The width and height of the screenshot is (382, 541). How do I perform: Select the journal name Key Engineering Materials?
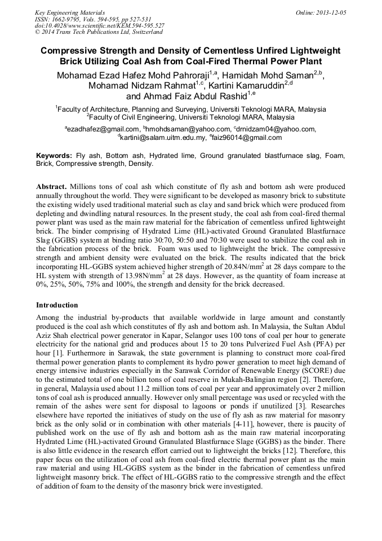pos(70,12)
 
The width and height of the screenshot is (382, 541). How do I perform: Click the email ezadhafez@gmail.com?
pos(103,129)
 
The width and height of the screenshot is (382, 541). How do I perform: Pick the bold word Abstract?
pos(51,186)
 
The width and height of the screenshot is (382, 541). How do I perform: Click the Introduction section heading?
pos(57,305)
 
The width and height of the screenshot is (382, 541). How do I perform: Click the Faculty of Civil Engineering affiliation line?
pos(190,117)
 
